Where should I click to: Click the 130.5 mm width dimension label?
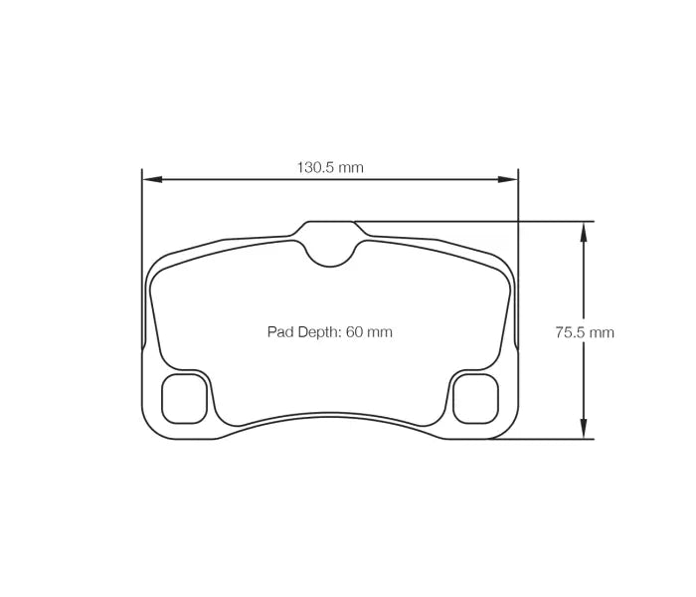point(330,167)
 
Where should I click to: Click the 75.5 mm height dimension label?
point(584,332)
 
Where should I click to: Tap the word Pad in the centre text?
point(279,332)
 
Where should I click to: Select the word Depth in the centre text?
point(319,332)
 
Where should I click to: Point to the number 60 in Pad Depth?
point(354,332)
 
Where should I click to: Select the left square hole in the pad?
point(184,398)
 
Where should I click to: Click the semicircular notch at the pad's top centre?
point(330,253)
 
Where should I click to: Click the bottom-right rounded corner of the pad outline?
point(508,428)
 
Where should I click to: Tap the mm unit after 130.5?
point(351,167)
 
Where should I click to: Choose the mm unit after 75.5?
point(602,332)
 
